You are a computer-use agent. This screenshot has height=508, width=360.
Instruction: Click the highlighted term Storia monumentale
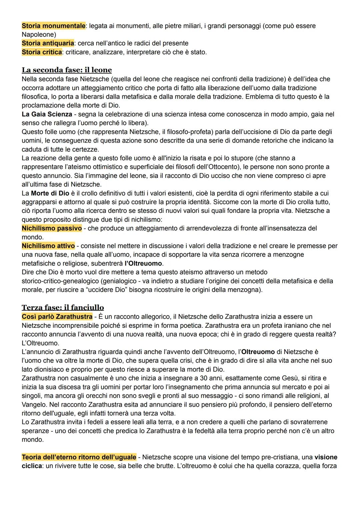pos(53,26)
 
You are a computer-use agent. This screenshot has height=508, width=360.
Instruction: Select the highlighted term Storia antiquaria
pos(48,43)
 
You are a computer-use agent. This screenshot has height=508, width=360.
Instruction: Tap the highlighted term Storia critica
pos(42,52)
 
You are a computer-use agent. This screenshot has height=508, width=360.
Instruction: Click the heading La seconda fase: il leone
pos(67,70)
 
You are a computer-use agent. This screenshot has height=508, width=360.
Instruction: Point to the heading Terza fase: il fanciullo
pos(63,307)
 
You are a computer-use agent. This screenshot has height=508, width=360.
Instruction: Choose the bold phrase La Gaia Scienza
pos(47,114)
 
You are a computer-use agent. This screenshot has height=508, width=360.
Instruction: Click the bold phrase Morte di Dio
pos(50,193)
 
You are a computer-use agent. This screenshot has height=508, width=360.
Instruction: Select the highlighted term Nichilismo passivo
pos(52,228)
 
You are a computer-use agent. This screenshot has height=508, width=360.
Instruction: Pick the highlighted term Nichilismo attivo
pos(48,246)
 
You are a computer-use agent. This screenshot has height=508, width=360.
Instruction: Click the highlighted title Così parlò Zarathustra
pos(57,316)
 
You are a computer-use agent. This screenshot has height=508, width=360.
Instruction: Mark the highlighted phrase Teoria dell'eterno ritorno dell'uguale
pos(79,457)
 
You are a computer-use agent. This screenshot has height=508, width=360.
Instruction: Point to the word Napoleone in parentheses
pos(37,35)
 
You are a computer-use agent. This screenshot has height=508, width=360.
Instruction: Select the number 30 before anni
pos(204,378)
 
